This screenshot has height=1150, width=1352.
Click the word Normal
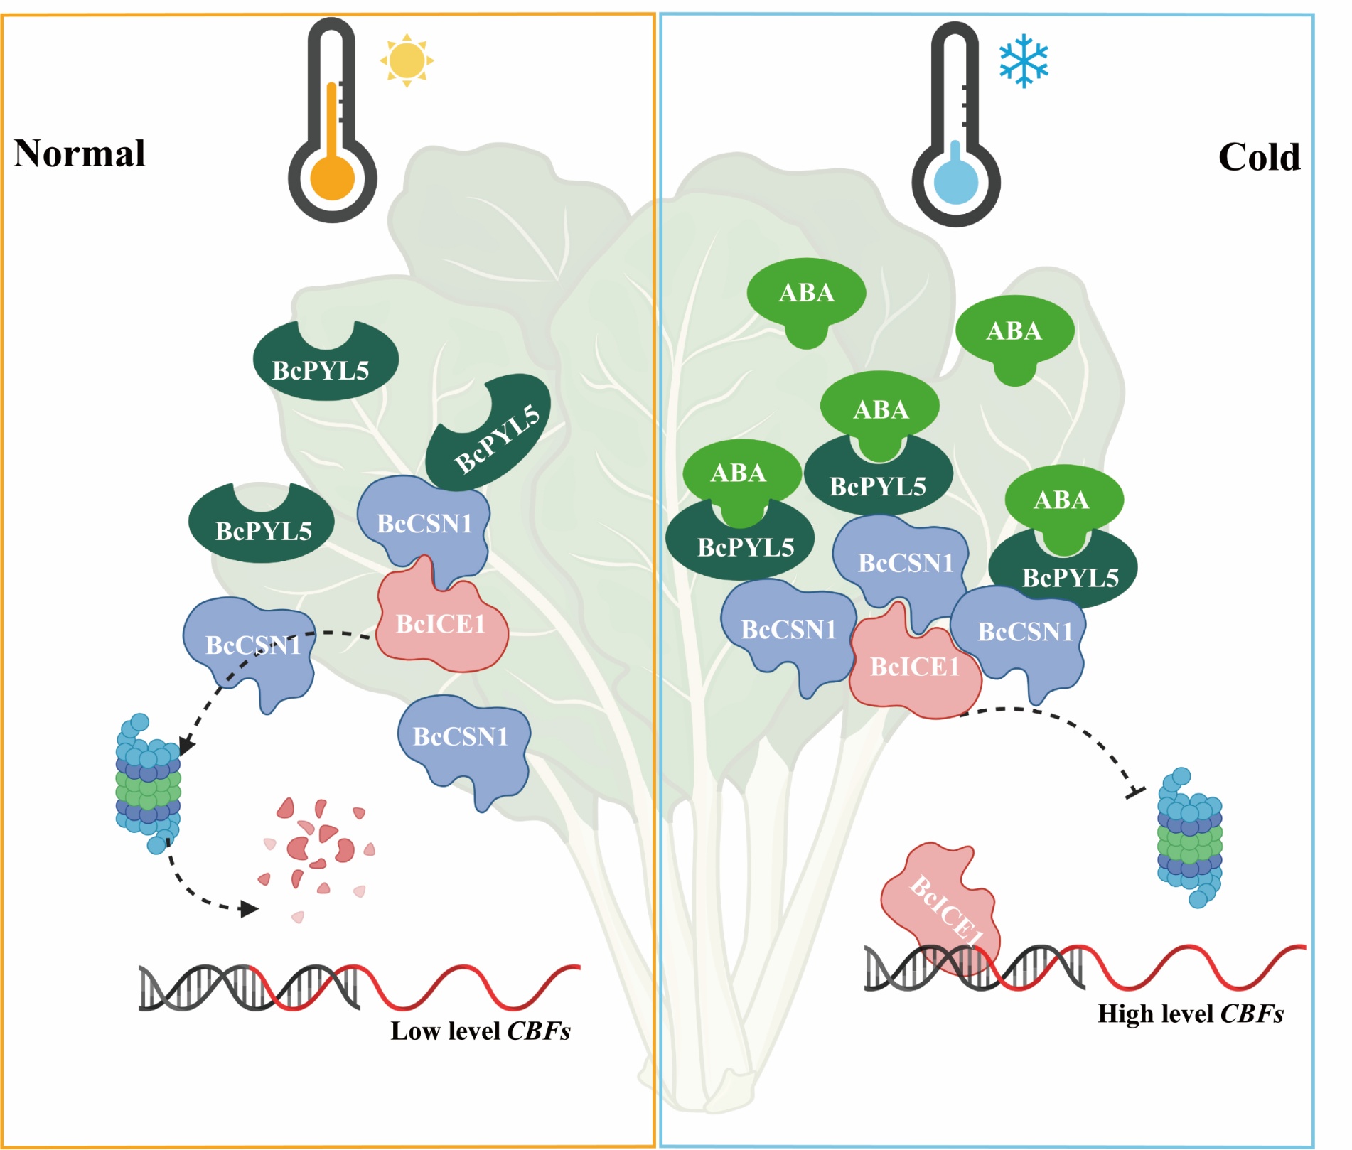point(80,154)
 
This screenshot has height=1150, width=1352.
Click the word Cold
point(1259,157)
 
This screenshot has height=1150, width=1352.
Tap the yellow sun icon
point(407,60)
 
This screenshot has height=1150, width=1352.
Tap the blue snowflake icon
point(1024,60)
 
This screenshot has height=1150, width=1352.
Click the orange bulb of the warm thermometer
point(332,178)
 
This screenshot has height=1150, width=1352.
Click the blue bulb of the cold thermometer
point(956,181)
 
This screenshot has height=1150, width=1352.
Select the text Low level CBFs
point(481,1031)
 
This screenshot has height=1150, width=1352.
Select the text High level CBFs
point(1191,1014)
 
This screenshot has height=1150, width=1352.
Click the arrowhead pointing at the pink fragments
point(249,908)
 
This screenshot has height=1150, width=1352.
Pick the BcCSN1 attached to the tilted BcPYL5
point(424,530)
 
